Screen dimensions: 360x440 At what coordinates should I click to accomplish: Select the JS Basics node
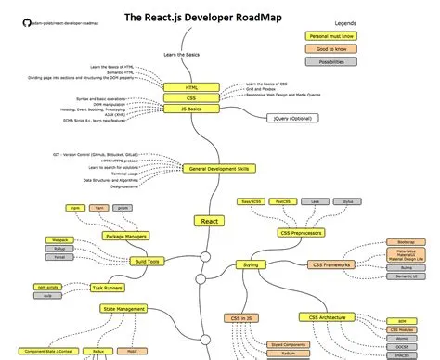(x=189, y=109)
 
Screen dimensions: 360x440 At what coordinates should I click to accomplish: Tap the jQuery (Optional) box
(x=291, y=119)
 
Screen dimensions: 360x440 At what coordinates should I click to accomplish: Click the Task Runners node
(x=108, y=289)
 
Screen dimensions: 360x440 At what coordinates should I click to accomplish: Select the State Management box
(x=123, y=308)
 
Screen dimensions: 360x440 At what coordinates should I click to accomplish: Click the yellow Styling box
(x=251, y=264)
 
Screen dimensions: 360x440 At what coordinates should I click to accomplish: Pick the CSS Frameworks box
(x=330, y=264)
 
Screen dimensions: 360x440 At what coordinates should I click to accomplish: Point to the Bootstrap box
(x=406, y=239)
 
